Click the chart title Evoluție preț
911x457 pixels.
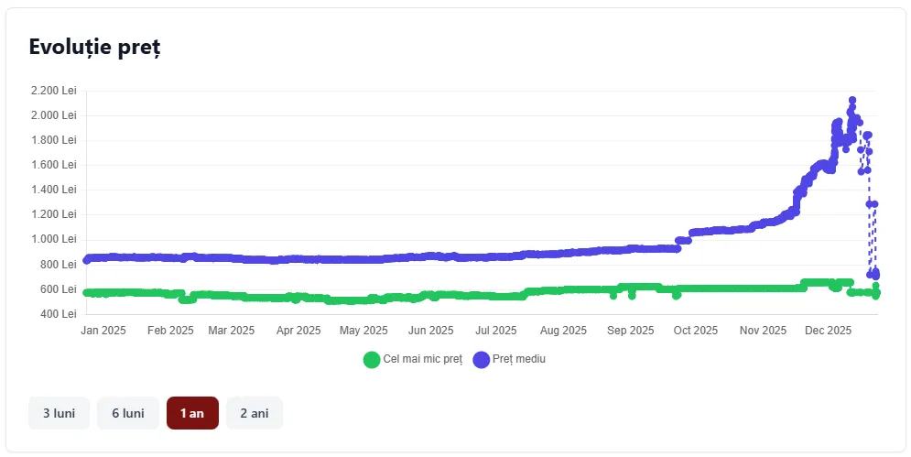[94, 48]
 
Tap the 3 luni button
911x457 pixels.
[59, 413]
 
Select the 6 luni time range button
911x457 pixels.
[128, 413]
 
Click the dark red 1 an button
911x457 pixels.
[192, 413]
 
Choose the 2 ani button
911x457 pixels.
[255, 413]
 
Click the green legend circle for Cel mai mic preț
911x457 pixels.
[372, 359]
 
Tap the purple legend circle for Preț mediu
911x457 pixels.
[482, 359]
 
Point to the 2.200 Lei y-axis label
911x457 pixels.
[54, 91]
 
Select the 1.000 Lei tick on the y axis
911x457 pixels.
[54, 239]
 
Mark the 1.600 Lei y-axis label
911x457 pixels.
[54, 165]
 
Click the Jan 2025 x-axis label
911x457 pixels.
[103, 331]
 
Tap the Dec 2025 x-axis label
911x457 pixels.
[830, 331]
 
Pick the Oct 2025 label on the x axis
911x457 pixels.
[697, 331]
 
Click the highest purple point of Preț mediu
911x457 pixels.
[852, 101]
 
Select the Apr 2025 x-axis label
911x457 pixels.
[298, 331]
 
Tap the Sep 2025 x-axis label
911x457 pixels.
[631, 331]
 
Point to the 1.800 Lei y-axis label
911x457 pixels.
[54, 140]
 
